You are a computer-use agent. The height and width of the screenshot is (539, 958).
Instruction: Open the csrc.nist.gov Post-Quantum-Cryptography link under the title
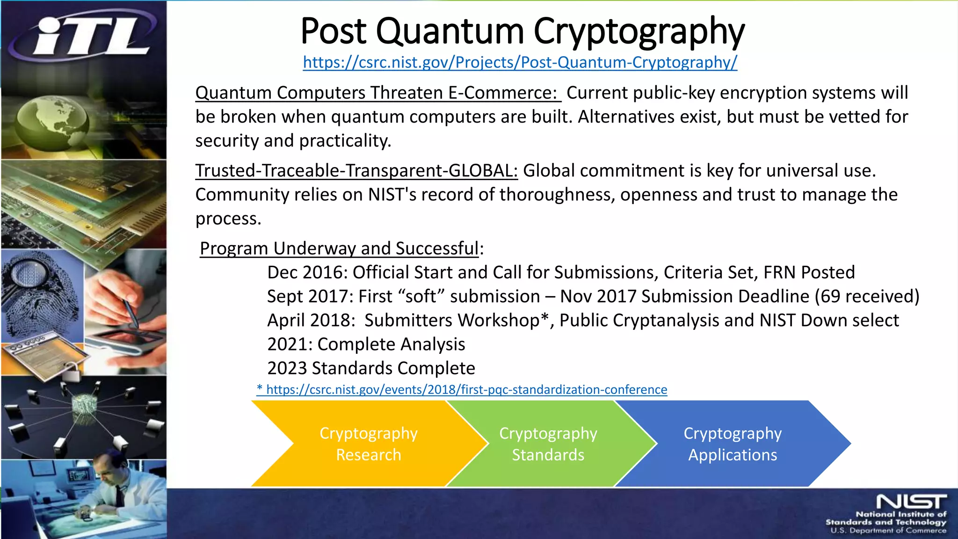(520, 62)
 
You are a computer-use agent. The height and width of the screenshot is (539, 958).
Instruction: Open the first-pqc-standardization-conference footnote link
(462, 390)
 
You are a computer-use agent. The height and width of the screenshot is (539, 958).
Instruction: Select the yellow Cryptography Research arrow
(368, 444)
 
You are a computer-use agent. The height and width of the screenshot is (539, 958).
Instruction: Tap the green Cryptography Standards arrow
(548, 444)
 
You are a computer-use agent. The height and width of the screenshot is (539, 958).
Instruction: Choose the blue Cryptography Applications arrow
(732, 444)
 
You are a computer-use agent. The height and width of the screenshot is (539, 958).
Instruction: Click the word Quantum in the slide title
(450, 32)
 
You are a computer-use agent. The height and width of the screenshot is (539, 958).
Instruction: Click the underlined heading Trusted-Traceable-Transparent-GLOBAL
(356, 171)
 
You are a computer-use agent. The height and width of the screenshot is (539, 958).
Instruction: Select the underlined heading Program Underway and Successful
(339, 248)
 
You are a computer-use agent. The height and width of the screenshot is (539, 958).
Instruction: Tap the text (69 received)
(867, 297)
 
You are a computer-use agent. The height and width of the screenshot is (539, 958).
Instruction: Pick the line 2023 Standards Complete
(371, 369)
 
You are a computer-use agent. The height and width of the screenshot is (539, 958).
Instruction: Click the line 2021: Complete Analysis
(366, 344)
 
